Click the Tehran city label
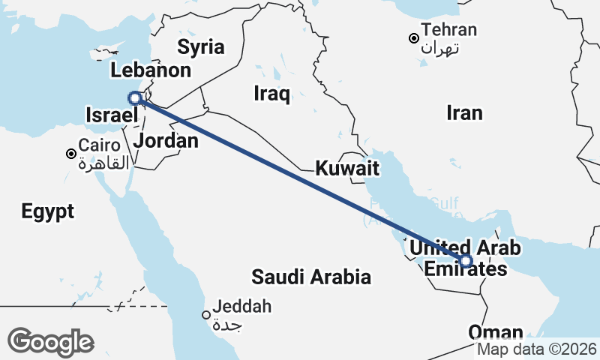(449, 31)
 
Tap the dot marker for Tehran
(412, 38)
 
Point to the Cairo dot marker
(71, 154)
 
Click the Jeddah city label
(241, 307)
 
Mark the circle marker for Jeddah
(206, 315)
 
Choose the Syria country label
(200, 47)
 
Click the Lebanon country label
(150, 71)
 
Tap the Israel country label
(112, 115)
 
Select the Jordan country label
(166, 141)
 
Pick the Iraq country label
(271, 94)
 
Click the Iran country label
(464, 113)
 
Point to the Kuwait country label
(346, 168)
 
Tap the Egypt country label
(48, 211)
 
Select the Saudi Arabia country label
(311, 277)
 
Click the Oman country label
(496, 332)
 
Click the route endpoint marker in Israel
(135, 97)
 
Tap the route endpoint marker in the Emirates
(466, 261)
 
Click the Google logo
(51, 341)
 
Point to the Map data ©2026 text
(537, 349)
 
